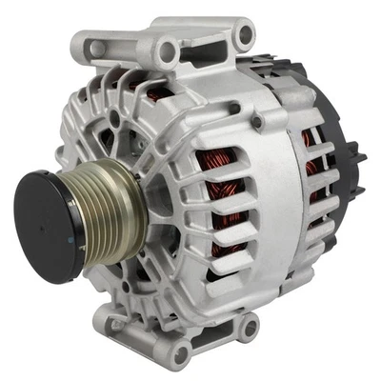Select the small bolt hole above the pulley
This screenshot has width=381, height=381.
tap(115, 117)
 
